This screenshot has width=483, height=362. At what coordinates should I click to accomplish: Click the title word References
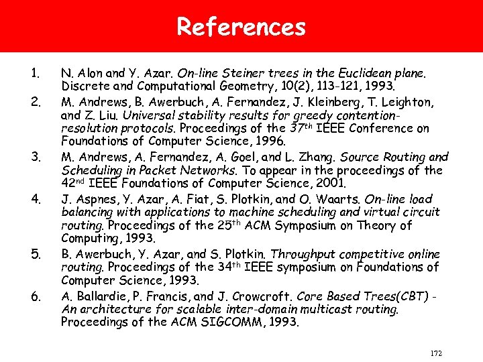pyautogui.click(x=241, y=27)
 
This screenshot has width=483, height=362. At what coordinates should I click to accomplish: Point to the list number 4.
pyautogui.click(x=37, y=198)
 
